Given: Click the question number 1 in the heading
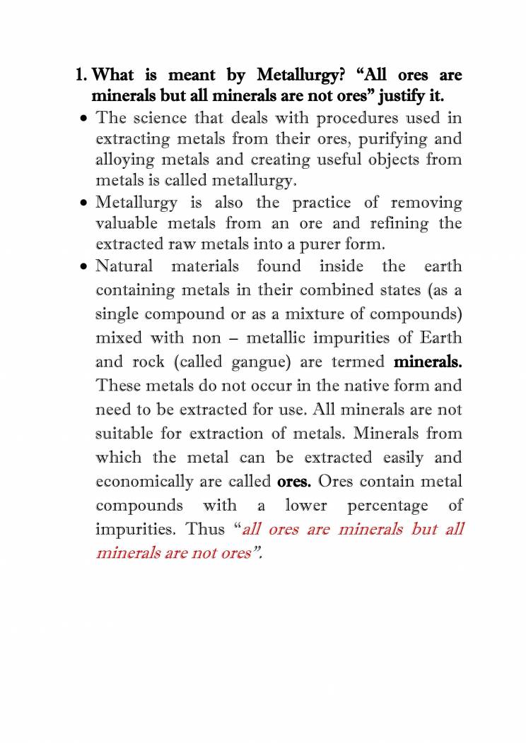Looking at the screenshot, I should (79, 74).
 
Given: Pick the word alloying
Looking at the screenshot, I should (122, 160).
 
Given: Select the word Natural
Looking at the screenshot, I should (124, 266).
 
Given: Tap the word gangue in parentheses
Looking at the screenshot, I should (259, 363).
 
